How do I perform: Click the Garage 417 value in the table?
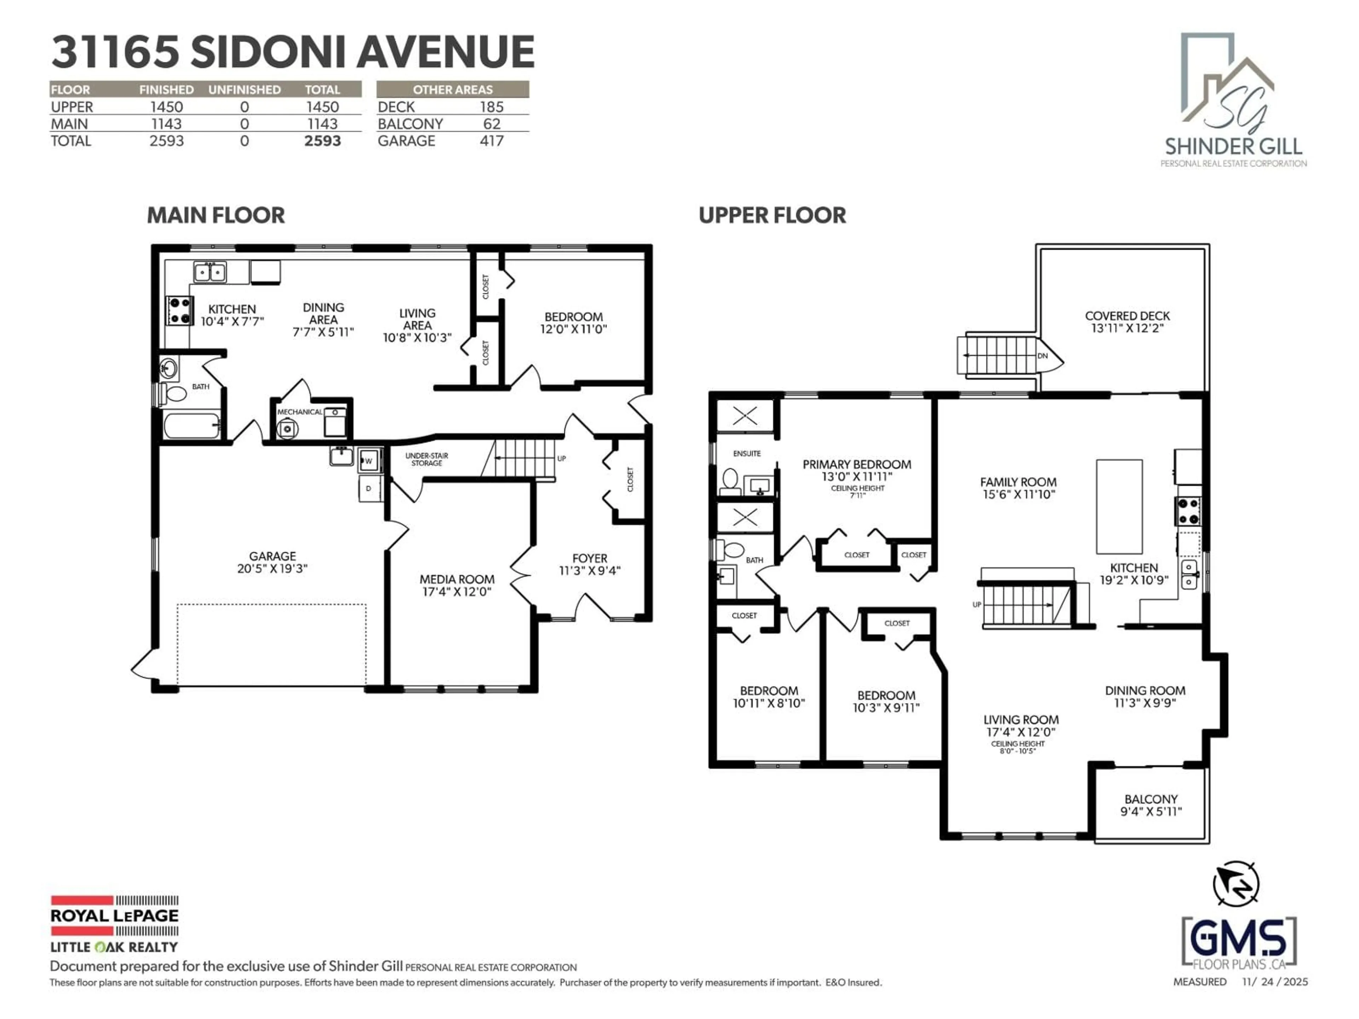[x=492, y=141]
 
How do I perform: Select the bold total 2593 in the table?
[x=322, y=141]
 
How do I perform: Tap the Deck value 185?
[x=492, y=107]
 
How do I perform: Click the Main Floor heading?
[x=216, y=215]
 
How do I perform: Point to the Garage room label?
[x=272, y=556]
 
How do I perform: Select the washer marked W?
[x=369, y=461]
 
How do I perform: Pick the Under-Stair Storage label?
[x=426, y=460]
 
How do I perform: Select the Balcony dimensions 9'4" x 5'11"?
[x=1151, y=811]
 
